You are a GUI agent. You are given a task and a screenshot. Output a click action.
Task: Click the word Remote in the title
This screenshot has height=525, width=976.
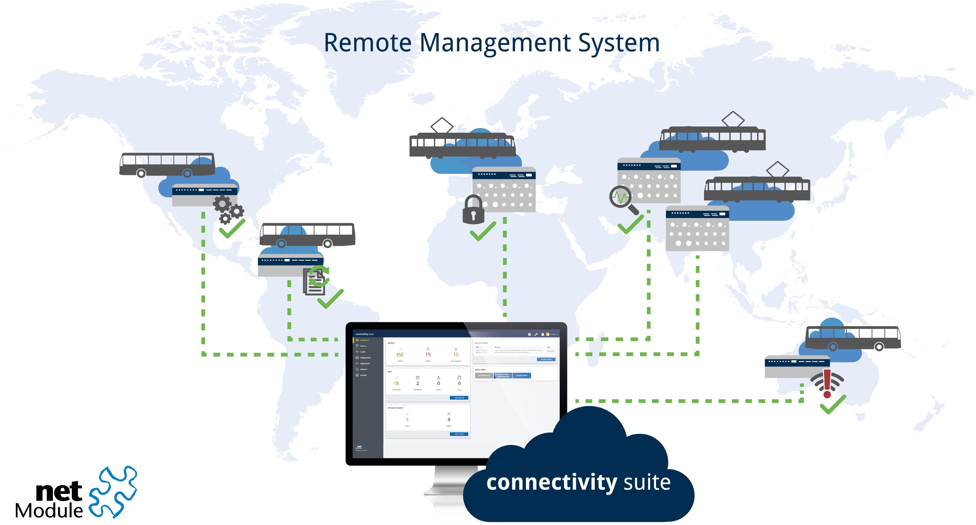(x=367, y=43)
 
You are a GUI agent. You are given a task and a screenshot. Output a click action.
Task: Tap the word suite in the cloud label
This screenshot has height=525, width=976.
(x=647, y=482)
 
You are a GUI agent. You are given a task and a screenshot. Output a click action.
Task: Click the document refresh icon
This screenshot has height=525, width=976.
(x=316, y=280)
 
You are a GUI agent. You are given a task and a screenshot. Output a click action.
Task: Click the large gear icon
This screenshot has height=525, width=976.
(x=222, y=204)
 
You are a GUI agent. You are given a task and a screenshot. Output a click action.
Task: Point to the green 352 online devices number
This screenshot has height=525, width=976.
(x=400, y=355)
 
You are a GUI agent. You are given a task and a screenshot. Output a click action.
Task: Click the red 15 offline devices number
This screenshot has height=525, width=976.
(x=428, y=355)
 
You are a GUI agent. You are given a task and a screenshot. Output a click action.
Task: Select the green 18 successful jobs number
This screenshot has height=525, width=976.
(x=396, y=383)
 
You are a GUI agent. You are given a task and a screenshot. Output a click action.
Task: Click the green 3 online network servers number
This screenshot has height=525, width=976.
(x=407, y=420)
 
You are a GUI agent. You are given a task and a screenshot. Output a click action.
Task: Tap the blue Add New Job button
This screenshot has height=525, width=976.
(x=459, y=398)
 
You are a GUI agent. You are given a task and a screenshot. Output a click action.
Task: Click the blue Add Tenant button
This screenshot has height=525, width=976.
(x=459, y=434)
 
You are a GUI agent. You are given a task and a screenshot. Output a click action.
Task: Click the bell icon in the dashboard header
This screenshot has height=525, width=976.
(x=542, y=334)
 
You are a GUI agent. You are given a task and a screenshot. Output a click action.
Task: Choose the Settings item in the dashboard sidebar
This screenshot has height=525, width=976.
(x=363, y=375)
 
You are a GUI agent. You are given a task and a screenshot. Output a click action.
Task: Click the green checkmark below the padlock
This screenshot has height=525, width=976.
(x=483, y=231)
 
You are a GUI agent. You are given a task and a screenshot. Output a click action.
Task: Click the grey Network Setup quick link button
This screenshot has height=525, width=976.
(x=484, y=376)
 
